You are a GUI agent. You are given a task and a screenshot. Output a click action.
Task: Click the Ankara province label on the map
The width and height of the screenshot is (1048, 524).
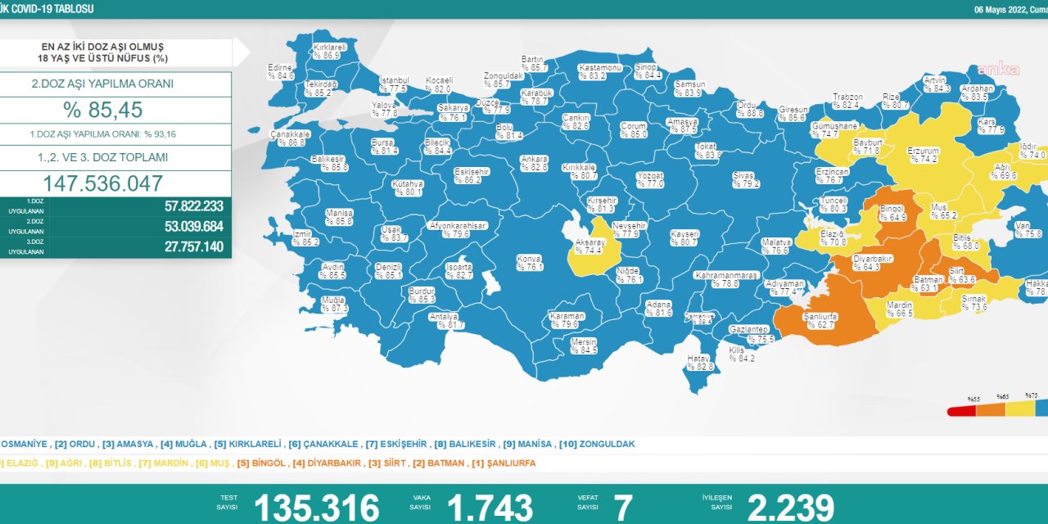pos(534,163)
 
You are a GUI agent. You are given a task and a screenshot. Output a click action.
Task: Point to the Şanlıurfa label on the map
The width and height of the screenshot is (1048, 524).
pos(820,320)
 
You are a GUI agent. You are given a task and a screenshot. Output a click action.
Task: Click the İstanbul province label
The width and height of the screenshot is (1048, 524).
pos(394,84)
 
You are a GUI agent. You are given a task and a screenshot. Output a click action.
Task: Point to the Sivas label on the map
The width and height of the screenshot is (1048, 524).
pos(743,179)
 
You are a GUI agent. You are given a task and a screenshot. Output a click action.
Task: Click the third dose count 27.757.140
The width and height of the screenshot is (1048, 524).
pos(193,246)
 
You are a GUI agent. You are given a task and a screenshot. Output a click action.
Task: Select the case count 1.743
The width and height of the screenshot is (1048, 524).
pos(490,507)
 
